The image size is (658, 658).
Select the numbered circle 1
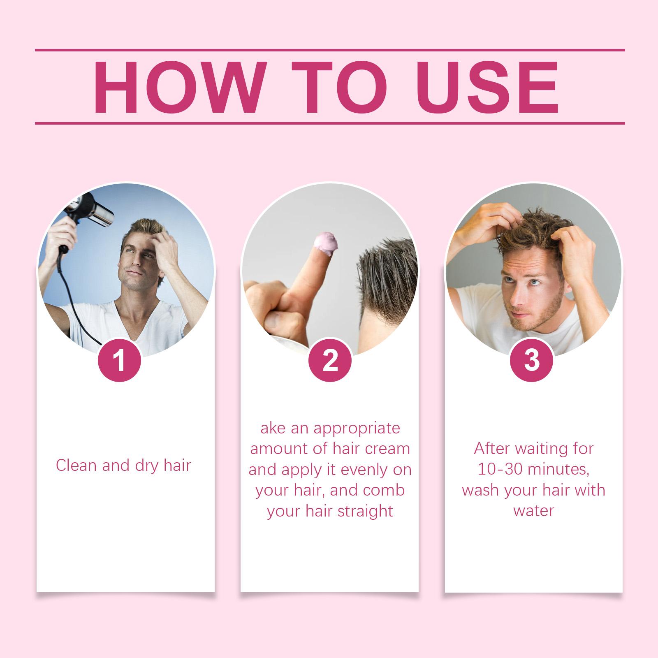click(119, 361)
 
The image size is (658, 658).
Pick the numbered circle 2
click(330, 361)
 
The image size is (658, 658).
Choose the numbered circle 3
click(531, 361)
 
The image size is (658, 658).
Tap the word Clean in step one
click(75, 465)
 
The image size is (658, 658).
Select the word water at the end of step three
click(534, 511)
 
